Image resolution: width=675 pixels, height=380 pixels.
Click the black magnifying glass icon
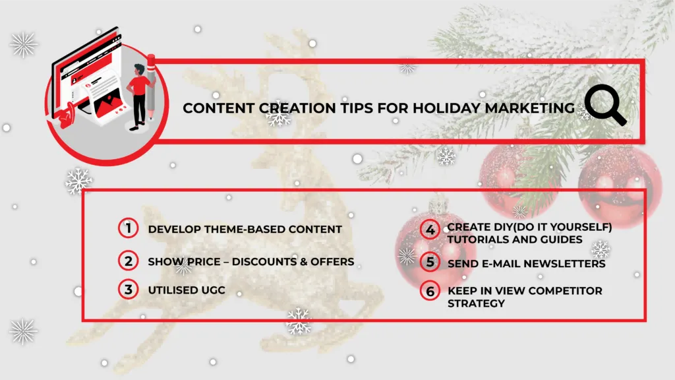click(605, 105)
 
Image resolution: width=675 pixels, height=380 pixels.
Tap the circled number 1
click(129, 228)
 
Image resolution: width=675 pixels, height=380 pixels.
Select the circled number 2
click(129, 261)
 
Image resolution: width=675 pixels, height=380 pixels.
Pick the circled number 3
click(129, 290)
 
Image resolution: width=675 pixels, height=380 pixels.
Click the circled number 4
click(430, 230)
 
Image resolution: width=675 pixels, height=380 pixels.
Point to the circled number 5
click(430, 262)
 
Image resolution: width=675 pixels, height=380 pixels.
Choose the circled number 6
click(430, 291)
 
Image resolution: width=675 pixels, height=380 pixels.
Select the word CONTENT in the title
click(218, 108)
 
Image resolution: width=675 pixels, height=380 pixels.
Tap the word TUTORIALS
click(479, 239)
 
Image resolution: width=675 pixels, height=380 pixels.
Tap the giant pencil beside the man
click(151, 86)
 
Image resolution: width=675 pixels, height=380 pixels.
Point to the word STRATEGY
click(476, 303)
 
